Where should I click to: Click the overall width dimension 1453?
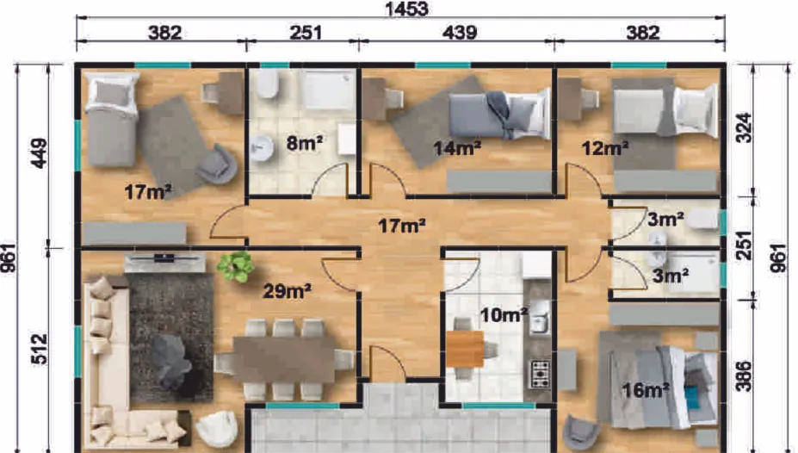click(x=406, y=9)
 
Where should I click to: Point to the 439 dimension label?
click(x=460, y=33)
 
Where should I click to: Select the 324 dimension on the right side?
click(x=744, y=127)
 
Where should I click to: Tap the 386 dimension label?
click(x=744, y=376)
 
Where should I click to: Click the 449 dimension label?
click(x=39, y=152)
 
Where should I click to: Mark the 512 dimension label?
click(x=39, y=349)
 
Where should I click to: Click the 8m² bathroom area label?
click(x=305, y=144)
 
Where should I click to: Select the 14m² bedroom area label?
click(x=457, y=148)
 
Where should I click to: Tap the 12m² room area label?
click(x=605, y=148)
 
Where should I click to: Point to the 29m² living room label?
click(x=287, y=290)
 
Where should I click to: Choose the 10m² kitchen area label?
click(x=504, y=315)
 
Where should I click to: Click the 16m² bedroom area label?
click(x=646, y=390)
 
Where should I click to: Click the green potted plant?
click(x=236, y=266)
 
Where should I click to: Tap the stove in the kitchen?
click(x=541, y=374)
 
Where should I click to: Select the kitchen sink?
click(x=540, y=318)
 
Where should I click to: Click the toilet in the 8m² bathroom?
click(x=267, y=84)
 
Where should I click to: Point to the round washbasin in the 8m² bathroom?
click(x=262, y=148)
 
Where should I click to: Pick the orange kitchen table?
click(x=465, y=349)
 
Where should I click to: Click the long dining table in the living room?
click(x=284, y=360)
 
